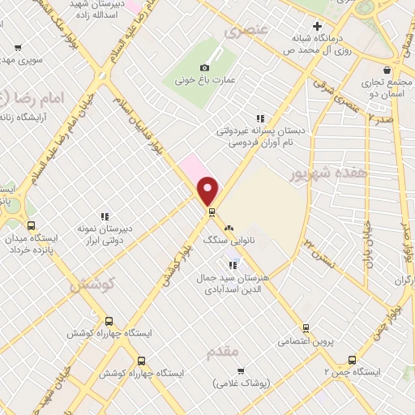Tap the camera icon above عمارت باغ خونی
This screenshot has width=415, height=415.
point(203,67)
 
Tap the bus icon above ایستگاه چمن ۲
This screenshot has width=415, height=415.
point(352,359)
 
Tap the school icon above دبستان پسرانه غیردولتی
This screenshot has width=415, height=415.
point(260,118)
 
